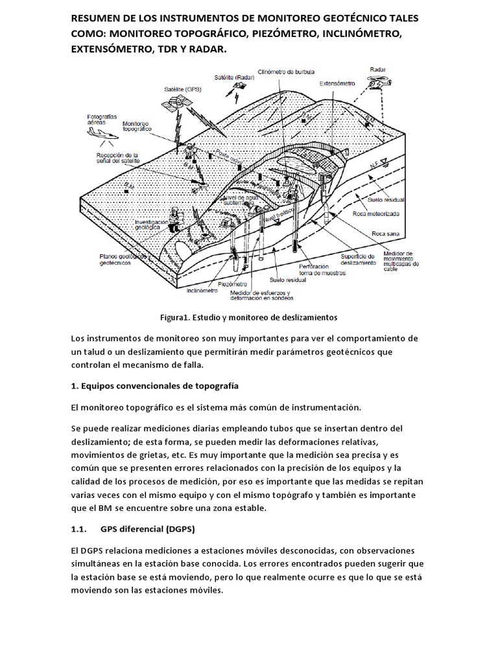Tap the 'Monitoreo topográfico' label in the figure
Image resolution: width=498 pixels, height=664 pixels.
click(136, 126)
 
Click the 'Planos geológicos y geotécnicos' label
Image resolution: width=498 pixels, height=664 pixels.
click(121, 259)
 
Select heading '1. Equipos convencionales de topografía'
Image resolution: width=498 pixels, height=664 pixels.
click(154, 385)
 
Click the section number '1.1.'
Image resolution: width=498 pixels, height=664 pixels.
click(78, 528)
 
